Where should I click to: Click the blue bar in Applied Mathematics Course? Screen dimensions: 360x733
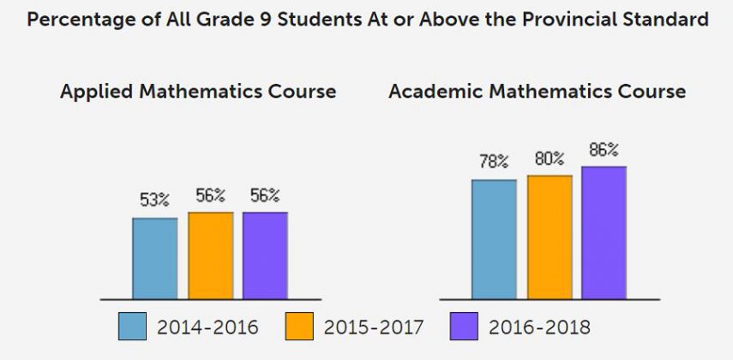click(155, 258)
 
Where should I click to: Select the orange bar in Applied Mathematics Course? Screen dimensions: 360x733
click(210, 255)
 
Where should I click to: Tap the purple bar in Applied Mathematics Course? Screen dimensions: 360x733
click(265, 255)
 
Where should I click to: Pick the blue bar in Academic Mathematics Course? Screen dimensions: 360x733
click(494, 239)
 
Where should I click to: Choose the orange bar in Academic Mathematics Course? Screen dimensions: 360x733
click(550, 237)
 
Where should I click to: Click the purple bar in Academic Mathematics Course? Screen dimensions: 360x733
click(604, 232)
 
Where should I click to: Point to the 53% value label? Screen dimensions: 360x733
click(155, 201)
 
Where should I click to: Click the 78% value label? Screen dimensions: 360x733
click(494, 162)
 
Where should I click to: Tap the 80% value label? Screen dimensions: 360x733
click(550, 159)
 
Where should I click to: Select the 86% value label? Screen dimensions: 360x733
click(604, 150)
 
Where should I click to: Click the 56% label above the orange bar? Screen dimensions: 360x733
click(210, 195)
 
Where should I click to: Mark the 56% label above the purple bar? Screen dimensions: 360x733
click(265, 195)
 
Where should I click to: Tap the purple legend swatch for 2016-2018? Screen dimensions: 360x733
click(464, 327)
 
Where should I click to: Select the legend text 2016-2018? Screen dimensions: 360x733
click(539, 327)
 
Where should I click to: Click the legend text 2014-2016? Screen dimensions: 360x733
click(208, 327)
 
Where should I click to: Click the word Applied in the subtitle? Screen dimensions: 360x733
click(93, 92)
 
